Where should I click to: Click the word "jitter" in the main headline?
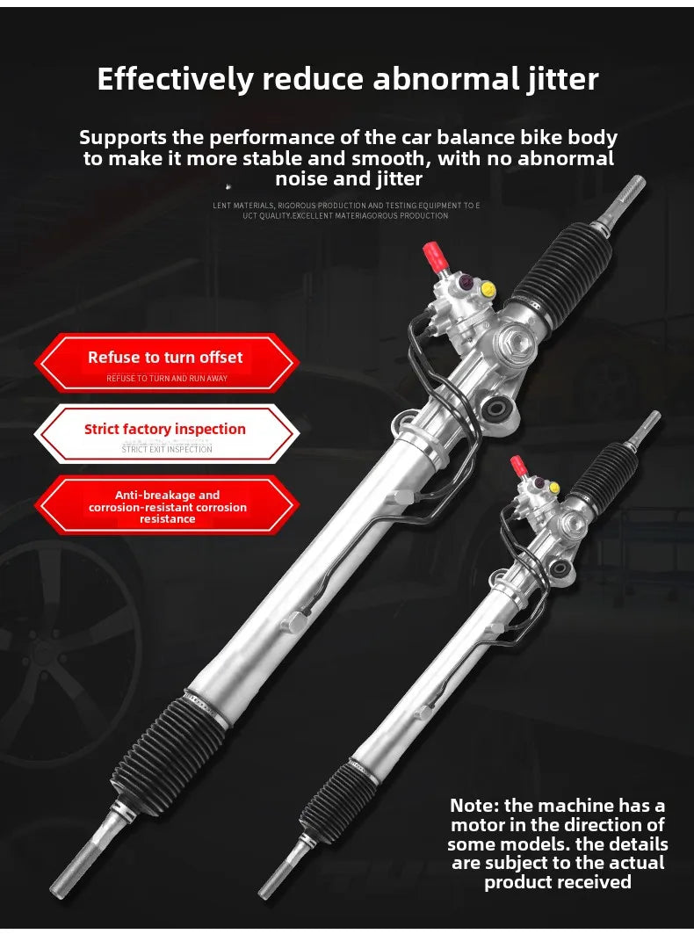click(562, 80)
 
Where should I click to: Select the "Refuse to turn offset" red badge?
click(166, 363)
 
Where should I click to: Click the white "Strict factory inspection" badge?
click(166, 434)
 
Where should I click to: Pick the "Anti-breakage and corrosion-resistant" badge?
click(166, 505)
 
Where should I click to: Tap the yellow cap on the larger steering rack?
click(488, 289)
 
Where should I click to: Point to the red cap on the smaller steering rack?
click(518, 466)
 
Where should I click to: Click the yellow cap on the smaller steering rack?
click(554, 488)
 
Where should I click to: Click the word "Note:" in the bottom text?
click(474, 806)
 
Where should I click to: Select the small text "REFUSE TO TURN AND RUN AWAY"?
click(167, 378)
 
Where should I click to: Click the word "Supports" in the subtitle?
click(123, 138)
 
